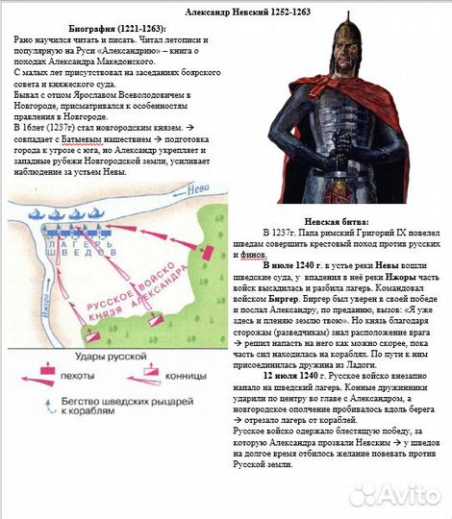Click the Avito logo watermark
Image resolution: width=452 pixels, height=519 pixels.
[x=394, y=495]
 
